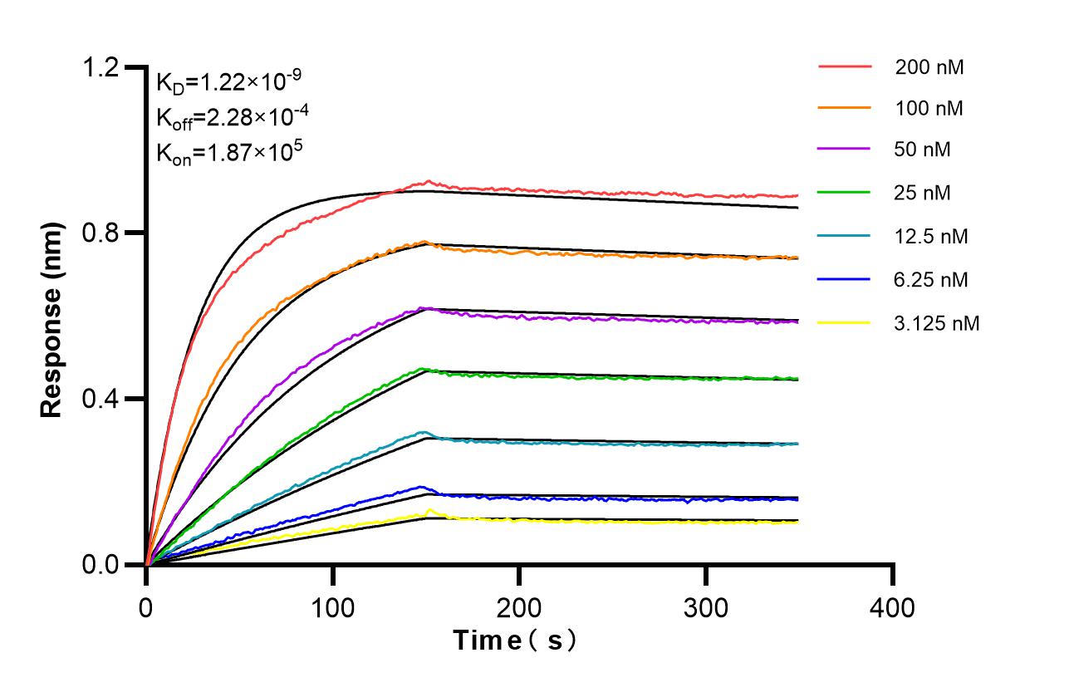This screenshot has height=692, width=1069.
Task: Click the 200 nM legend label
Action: click(x=929, y=68)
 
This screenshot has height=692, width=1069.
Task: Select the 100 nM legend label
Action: click(x=929, y=109)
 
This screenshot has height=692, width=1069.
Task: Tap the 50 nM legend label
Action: click(x=923, y=150)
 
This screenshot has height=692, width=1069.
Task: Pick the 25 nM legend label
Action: click(x=923, y=194)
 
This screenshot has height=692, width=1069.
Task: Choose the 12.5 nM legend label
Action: click(x=931, y=237)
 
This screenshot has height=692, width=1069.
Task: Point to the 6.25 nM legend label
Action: click(x=931, y=280)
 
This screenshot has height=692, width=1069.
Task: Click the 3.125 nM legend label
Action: click(x=937, y=323)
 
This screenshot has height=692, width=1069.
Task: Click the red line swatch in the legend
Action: click(x=845, y=66)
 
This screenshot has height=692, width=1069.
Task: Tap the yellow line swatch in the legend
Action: click(x=845, y=322)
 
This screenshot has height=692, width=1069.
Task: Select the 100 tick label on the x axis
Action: click(x=332, y=608)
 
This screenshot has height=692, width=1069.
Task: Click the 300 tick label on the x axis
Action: click(x=706, y=608)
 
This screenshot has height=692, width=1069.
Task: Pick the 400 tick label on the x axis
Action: click(x=892, y=608)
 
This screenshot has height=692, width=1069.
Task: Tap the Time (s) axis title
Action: click(x=515, y=641)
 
